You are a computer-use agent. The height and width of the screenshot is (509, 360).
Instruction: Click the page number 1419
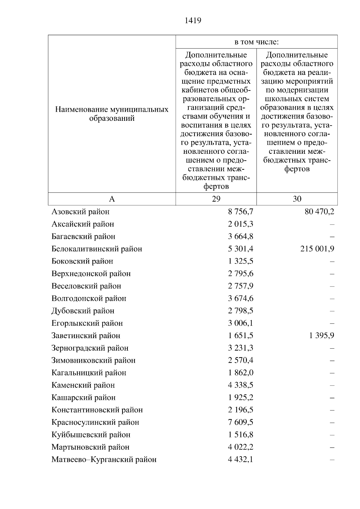click(x=193, y=20)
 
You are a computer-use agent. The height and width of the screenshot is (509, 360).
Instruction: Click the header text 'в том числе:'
click(x=256, y=42)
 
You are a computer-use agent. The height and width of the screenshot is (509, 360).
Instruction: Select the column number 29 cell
click(x=216, y=199)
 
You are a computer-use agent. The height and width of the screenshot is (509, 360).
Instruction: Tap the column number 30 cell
click(x=297, y=199)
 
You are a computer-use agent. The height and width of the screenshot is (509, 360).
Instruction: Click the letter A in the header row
click(x=112, y=199)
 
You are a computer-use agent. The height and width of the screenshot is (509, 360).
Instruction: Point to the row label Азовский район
click(x=80, y=212)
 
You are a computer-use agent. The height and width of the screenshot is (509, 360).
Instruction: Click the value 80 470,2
click(x=319, y=212)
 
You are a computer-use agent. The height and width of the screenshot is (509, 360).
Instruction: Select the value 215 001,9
click(x=317, y=249)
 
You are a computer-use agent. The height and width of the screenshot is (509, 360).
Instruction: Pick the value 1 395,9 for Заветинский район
click(x=322, y=335)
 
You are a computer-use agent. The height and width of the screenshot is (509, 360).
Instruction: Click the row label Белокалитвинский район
click(x=97, y=249)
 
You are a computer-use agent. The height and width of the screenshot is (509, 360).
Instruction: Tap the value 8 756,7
click(x=241, y=212)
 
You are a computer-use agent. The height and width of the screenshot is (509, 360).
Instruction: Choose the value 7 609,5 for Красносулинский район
click(x=241, y=422)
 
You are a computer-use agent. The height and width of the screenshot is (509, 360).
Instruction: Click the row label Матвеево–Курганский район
click(x=104, y=459)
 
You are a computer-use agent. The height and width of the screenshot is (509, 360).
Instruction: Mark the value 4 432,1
click(x=241, y=459)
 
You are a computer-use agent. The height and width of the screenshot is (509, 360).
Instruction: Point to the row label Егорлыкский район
click(x=87, y=323)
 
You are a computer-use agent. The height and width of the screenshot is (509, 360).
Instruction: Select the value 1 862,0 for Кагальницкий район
click(x=241, y=373)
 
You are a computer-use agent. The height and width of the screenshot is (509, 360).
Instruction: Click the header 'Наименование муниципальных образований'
click(x=112, y=114)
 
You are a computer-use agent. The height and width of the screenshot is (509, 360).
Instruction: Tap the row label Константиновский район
click(x=97, y=410)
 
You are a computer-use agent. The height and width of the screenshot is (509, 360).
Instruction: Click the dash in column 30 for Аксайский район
click(x=332, y=224)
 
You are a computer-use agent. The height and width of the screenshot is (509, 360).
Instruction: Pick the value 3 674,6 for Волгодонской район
click(x=241, y=298)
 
